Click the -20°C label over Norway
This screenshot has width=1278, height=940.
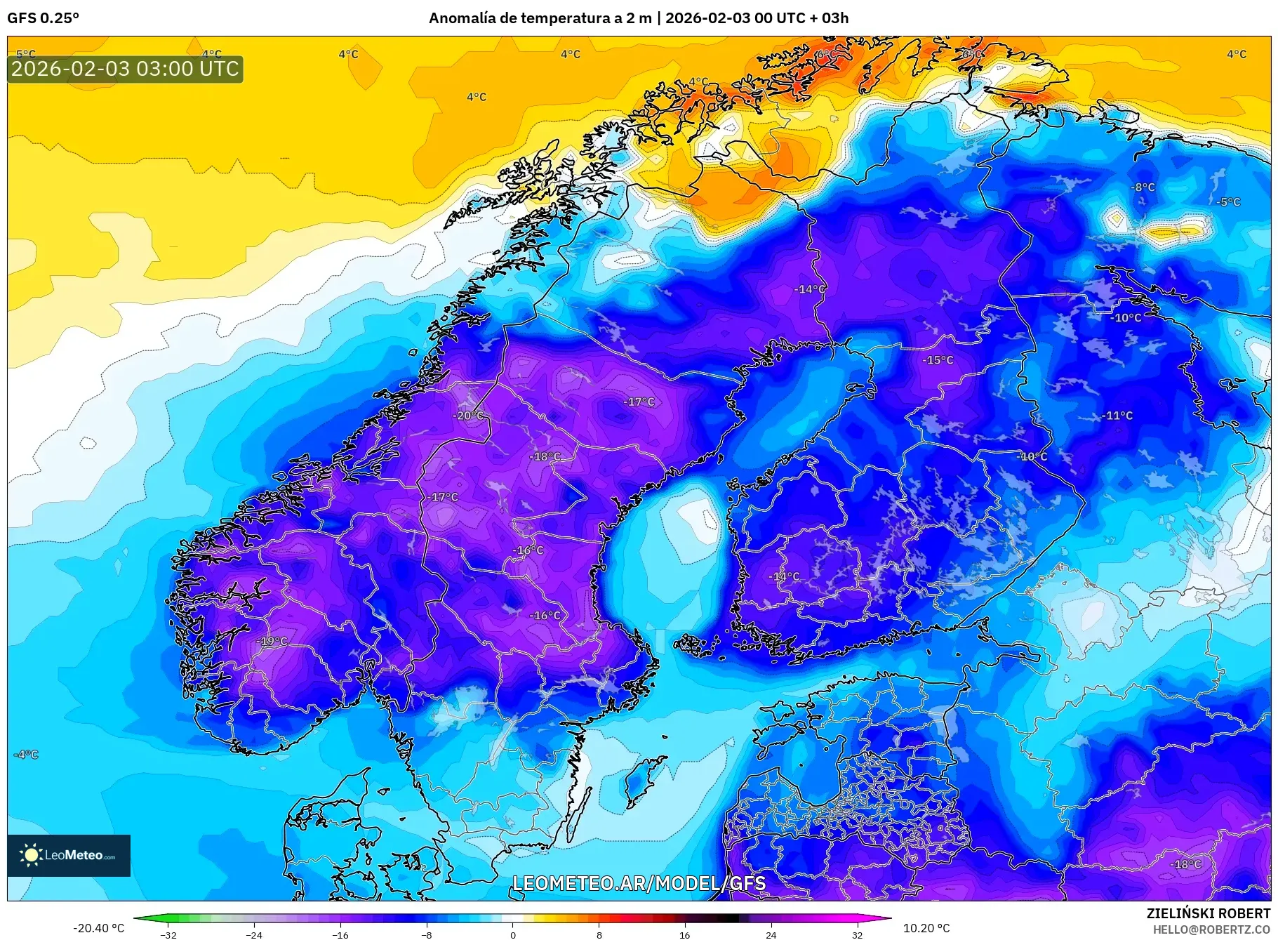(x=469, y=416)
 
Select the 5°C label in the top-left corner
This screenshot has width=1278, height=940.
(x=25, y=54)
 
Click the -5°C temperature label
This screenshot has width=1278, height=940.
(x=1228, y=202)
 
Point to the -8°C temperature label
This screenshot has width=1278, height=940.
(x=1143, y=187)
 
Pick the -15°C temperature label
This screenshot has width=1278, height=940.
(x=938, y=360)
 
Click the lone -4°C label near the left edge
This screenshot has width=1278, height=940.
(x=26, y=755)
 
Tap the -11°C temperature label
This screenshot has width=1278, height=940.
(x=1117, y=416)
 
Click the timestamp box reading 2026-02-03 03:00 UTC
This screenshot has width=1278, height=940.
(x=125, y=69)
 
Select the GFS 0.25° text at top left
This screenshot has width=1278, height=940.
(x=43, y=18)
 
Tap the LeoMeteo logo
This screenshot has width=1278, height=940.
(x=69, y=855)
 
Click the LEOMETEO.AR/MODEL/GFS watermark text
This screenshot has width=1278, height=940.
(x=639, y=883)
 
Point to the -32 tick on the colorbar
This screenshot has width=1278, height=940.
(x=168, y=934)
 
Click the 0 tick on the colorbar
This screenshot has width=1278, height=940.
(x=512, y=934)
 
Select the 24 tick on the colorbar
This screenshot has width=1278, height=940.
(x=771, y=934)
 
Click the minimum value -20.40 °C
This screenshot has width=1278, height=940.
(x=98, y=928)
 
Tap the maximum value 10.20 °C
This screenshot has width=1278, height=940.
(x=926, y=928)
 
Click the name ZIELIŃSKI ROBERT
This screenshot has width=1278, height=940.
(x=1208, y=913)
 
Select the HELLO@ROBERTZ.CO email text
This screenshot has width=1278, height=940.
(x=1211, y=929)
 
